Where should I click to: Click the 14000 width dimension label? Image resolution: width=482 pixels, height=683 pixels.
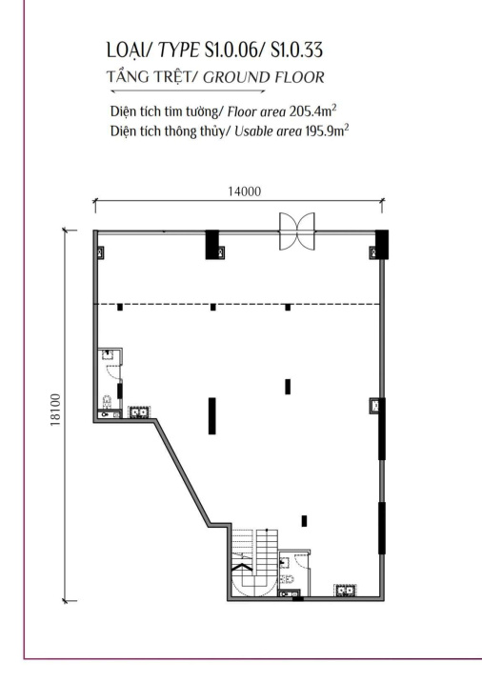click(x=244, y=191)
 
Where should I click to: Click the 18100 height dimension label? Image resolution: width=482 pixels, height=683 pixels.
click(x=55, y=410)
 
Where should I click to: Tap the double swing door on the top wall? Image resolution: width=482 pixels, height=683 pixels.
click(x=296, y=231)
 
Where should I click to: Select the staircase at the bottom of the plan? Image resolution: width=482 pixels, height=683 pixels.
click(x=254, y=562)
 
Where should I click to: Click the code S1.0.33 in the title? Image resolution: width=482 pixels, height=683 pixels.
click(x=296, y=50)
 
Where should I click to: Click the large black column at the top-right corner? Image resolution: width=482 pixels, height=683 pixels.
click(x=381, y=245)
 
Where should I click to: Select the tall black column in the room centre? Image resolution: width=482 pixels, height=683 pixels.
click(x=212, y=416)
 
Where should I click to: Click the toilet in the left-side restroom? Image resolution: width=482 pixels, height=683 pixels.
click(x=107, y=401)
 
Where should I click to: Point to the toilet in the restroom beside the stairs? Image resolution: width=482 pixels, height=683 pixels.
click(x=288, y=579)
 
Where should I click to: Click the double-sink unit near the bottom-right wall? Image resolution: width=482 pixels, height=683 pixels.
click(x=345, y=591)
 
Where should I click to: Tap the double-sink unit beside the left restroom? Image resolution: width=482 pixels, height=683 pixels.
click(x=139, y=412)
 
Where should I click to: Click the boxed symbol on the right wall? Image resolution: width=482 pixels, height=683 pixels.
click(x=375, y=406)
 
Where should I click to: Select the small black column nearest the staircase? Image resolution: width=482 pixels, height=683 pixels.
click(x=304, y=521)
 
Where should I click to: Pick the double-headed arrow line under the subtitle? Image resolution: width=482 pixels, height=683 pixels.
click(x=188, y=91)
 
